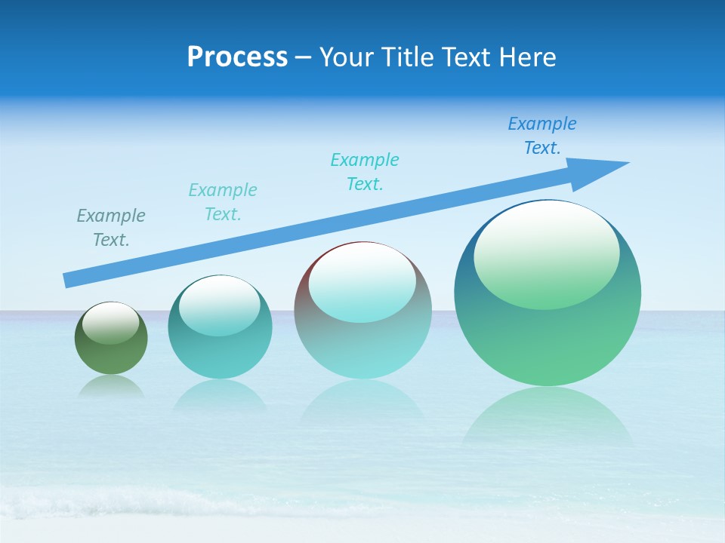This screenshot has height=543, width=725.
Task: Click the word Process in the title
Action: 237,57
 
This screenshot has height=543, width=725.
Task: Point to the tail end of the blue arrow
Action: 68,280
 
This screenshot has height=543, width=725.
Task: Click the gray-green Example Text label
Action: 111,228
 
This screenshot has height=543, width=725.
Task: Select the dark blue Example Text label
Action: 541,136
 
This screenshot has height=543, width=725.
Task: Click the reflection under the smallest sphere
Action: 111,386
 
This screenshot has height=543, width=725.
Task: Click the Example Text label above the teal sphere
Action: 223,202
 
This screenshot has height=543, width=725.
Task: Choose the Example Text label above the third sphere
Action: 365,172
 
